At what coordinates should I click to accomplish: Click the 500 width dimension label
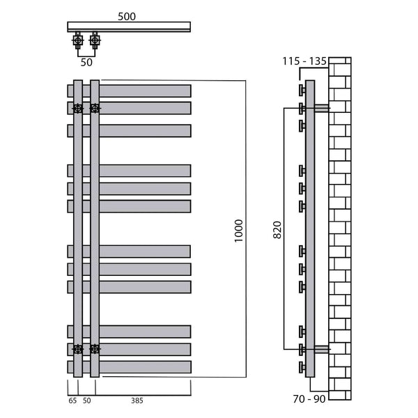pyautogui.click(x=127, y=17)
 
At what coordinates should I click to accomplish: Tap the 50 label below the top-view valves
pyautogui.click(x=86, y=63)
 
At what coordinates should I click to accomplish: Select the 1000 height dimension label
pyautogui.click(x=239, y=231)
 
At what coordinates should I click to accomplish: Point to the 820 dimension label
pyautogui.click(x=277, y=230)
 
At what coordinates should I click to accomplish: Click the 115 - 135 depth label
pyautogui.click(x=304, y=61)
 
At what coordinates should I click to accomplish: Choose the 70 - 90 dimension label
pyautogui.click(x=309, y=398)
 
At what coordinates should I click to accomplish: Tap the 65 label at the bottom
pyautogui.click(x=72, y=401)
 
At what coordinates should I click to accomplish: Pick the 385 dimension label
pyautogui.click(x=137, y=401)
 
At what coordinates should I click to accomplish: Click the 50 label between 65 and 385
pyautogui.click(x=86, y=401)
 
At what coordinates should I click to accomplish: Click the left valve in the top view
pyautogui.click(x=78, y=40)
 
